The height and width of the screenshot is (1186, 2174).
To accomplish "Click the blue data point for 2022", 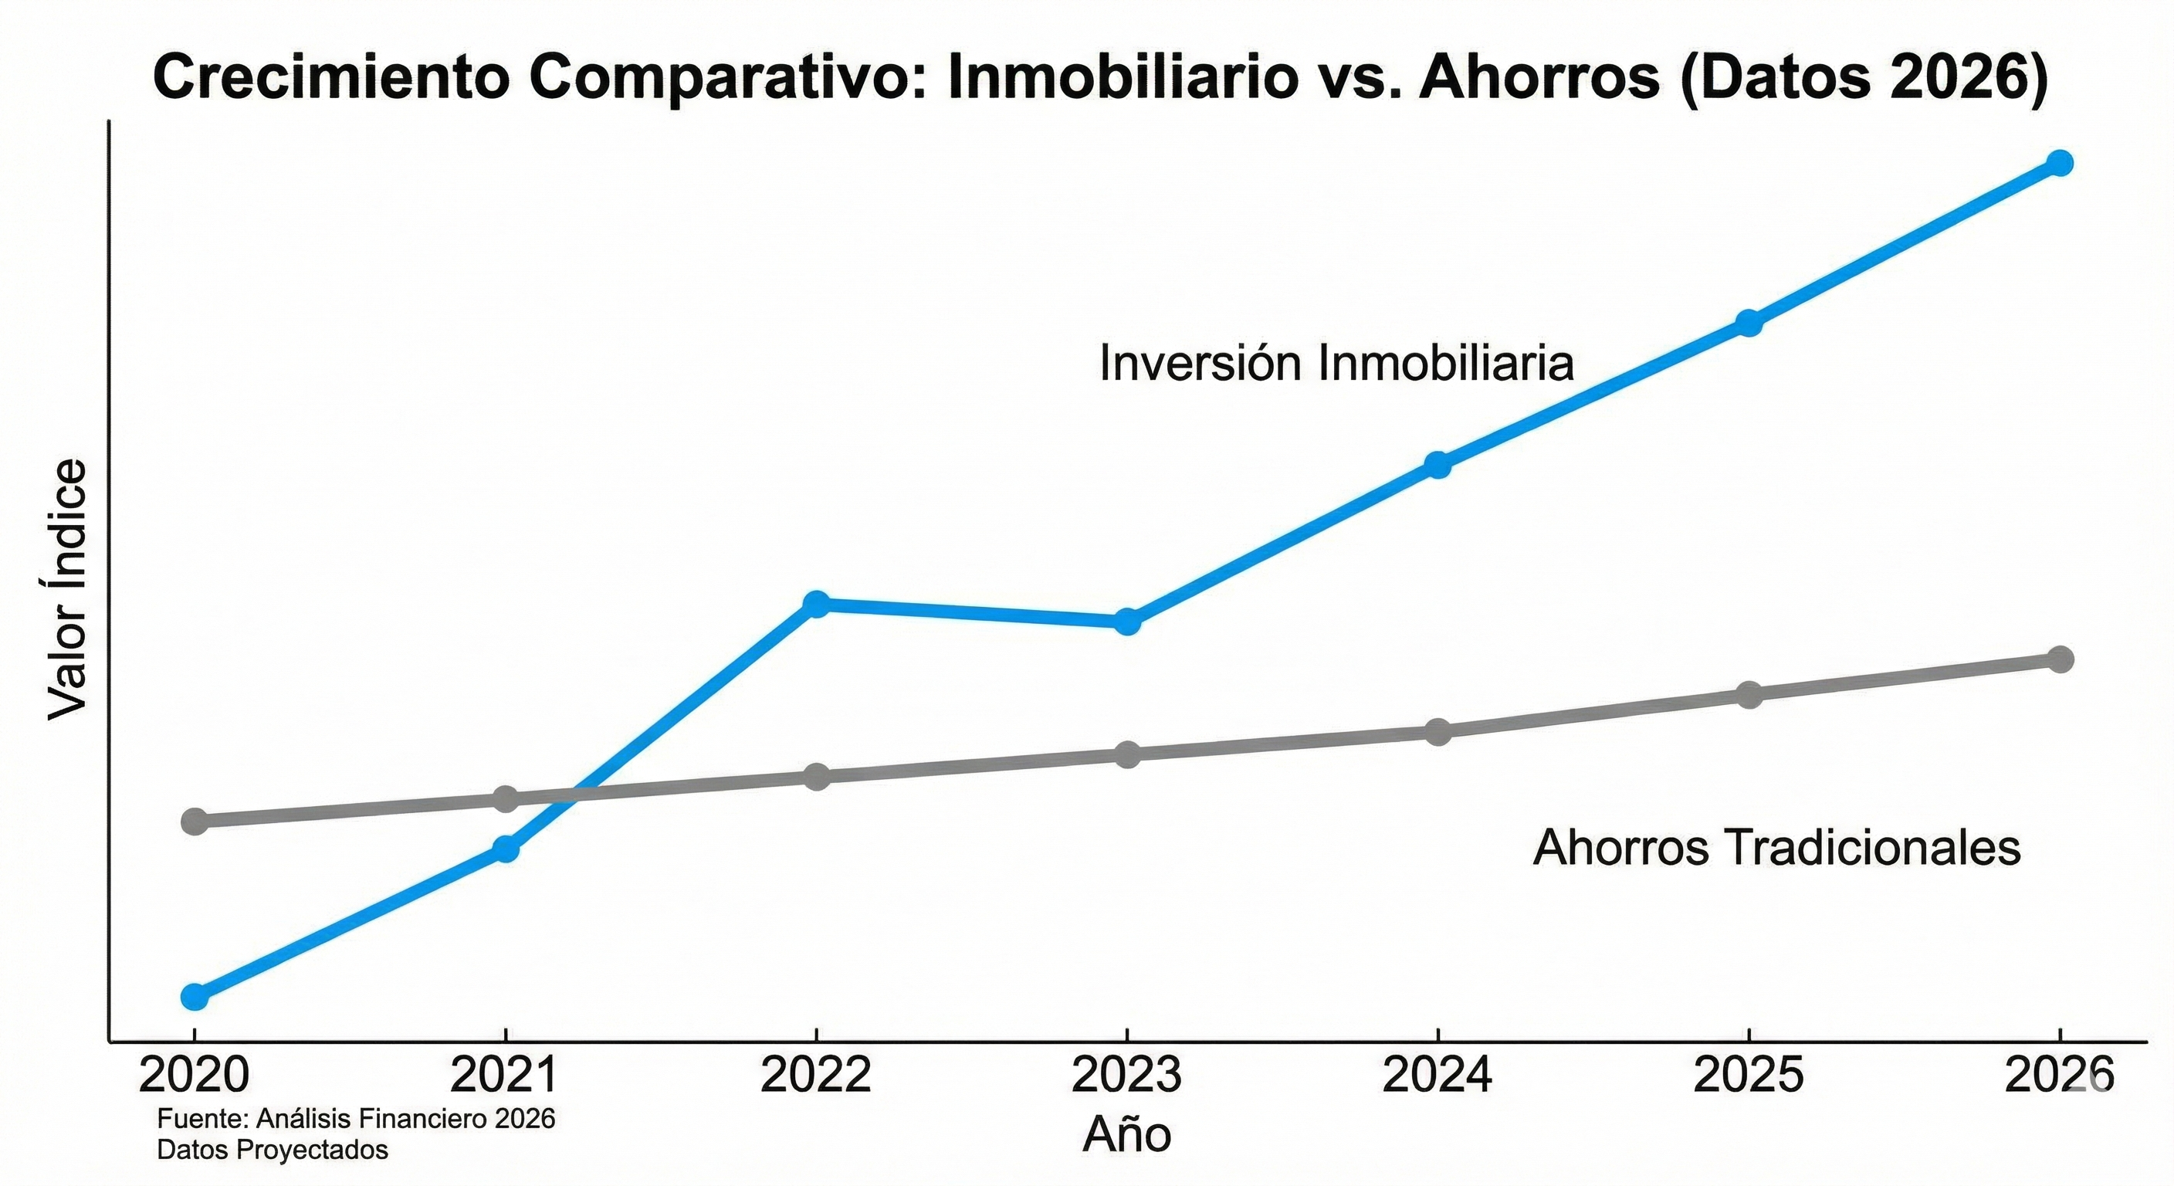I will [x=816, y=604].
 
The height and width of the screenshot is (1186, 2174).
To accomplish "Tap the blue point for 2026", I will [x=2060, y=163].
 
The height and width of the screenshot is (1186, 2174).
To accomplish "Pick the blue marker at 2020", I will [x=194, y=997].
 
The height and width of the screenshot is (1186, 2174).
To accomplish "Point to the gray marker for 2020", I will [x=194, y=822].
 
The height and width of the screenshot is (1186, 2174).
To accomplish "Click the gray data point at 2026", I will [x=2060, y=659].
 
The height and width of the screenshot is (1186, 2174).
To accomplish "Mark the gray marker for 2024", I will [x=1438, y=732].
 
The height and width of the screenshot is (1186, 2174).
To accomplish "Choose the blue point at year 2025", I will [x=1749, y=324].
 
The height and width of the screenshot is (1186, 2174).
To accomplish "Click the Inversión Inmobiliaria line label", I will [x=1336, y=364].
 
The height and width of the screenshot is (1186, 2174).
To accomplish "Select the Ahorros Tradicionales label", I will [x=1776, y=849].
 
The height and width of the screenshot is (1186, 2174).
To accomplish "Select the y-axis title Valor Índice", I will [x=67, y=590].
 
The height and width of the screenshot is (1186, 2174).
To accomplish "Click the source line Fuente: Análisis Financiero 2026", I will [x=356, y=1120].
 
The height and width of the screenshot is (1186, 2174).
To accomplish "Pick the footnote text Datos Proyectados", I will [x=273, y=1150].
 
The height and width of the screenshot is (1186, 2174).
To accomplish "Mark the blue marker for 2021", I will [x=505, y=849].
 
